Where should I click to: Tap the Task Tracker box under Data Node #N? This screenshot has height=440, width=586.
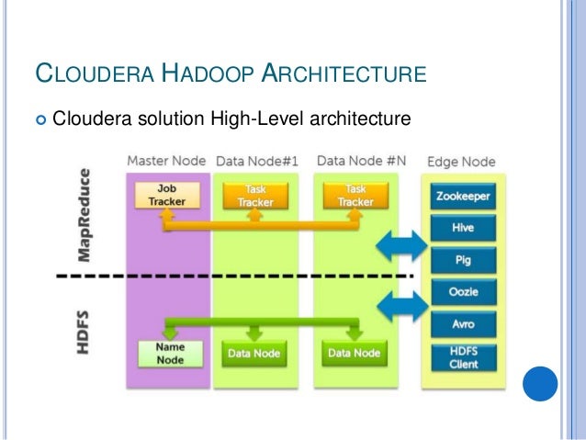354,195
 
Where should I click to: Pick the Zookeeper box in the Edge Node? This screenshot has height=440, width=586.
462,196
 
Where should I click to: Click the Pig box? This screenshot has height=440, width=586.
462,260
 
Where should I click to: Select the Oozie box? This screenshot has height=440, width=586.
462,292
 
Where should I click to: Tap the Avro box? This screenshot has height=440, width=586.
462,323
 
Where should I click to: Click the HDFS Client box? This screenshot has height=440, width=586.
462,356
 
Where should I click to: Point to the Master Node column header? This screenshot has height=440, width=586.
166,162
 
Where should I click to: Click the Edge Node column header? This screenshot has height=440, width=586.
461,162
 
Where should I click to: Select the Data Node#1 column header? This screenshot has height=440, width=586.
258,162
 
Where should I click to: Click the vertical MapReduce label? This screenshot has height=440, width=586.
85,212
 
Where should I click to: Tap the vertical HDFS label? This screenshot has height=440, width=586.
85,332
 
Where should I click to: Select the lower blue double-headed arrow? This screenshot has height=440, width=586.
403,305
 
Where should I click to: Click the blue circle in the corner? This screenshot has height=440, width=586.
540,385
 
